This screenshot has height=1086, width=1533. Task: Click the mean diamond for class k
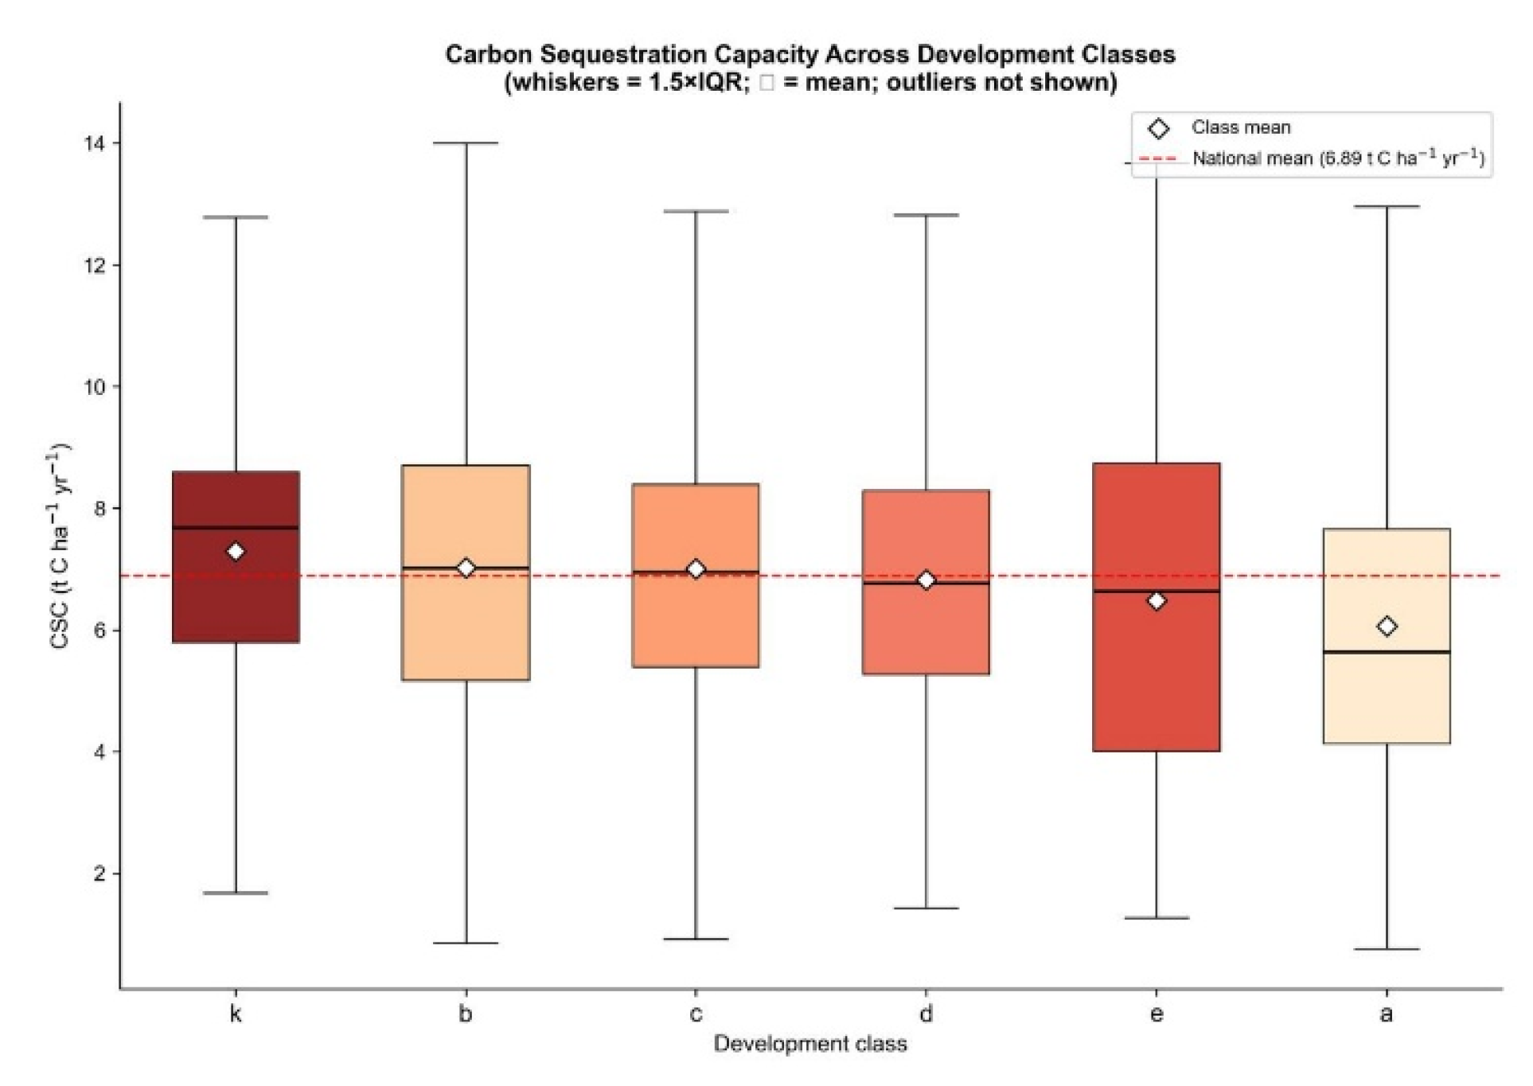click(236, 552)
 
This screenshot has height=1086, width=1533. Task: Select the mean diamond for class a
click(1387, 627)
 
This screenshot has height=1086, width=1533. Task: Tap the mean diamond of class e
click(1157, 601)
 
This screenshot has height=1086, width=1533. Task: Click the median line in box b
click(466, 568)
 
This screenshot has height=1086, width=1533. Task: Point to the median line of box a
click(1387, 652)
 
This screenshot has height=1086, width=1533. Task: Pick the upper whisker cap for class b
click(466, 143)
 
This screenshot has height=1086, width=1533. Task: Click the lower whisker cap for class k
click(236, 893)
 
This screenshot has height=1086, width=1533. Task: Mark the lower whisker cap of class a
click(1387, 949)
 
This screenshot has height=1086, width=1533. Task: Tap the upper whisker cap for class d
click(926, 215)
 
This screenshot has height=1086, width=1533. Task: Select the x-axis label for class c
click(696, 1014)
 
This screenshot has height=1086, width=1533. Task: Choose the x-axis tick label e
click(1157, 1014)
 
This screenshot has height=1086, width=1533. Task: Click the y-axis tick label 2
click(99, 873)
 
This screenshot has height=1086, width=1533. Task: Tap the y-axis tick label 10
click(94, 387)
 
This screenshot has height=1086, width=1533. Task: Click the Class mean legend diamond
click(1159, 128)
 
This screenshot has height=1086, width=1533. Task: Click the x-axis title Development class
click(810, 1044)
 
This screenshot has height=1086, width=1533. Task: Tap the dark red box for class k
click(236, 557)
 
